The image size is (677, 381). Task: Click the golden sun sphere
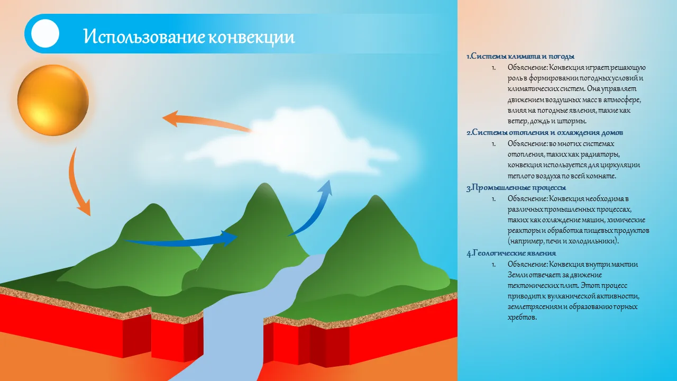point(53,100)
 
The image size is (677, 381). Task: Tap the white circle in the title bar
point(45,33)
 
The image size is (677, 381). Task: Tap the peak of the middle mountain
point(265,184)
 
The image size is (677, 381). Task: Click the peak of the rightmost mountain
point(376,196)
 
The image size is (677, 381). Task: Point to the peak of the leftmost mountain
point(153,204)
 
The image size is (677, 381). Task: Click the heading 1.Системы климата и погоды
point(520,56)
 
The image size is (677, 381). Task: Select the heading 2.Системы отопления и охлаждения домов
point(545,132)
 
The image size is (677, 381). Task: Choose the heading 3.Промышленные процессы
point(516,187)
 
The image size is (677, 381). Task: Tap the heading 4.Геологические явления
point(511,253)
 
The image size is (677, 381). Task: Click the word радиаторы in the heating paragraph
point(599,155)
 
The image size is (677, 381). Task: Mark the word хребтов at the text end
point(522,317)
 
